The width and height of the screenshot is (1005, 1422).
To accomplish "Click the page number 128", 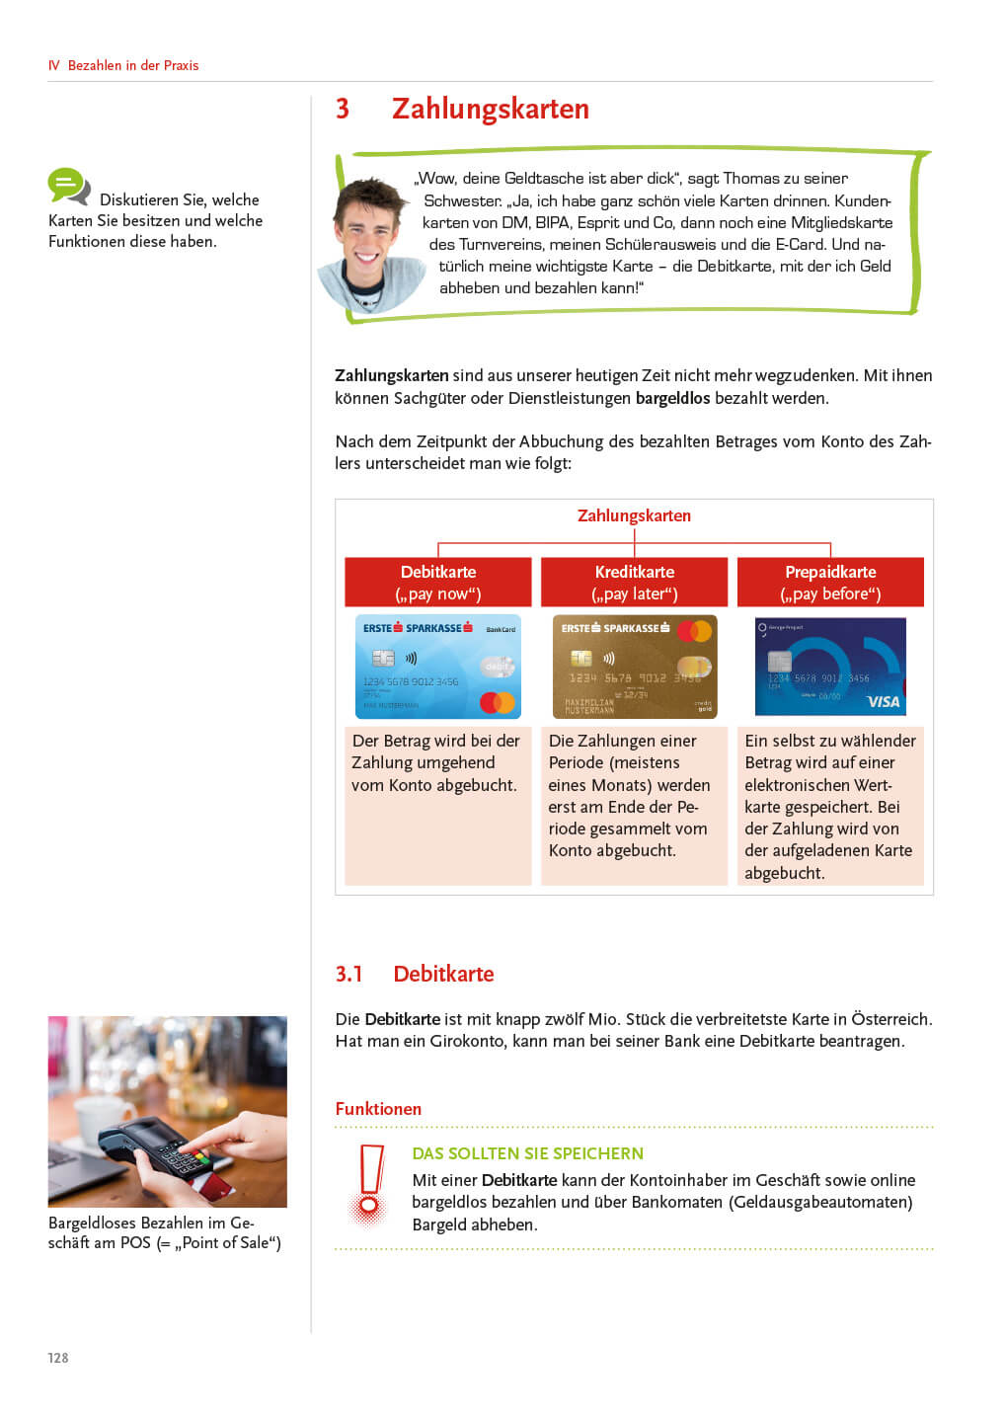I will tap(58, 1358).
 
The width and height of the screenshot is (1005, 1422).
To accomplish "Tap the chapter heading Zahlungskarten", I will tap(490, 109).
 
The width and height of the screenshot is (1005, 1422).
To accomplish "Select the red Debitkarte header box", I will tap(437, 583).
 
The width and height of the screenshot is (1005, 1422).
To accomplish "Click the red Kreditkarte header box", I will tap(634, 583).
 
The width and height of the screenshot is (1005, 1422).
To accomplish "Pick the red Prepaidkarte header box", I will tap(830, 583).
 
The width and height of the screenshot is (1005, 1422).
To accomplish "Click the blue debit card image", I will tap(437, 667).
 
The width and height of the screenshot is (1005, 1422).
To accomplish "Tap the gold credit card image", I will tap(634, 667).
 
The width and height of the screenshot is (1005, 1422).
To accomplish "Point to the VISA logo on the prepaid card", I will tap(883, 702).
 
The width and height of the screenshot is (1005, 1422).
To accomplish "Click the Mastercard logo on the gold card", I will tap(695, 631).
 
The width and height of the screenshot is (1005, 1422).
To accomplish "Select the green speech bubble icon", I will tap(67, 185).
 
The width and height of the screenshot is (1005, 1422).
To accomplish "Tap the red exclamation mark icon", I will tap(370, 1183).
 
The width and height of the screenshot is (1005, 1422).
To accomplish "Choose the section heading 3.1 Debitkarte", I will tap(415, 974).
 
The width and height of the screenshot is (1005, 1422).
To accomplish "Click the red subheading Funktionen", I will tap(378, 1109).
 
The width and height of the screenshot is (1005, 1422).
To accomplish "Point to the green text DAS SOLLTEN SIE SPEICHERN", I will tap(527, 1153).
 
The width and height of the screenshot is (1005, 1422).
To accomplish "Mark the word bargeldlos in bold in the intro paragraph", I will tap(672, 398).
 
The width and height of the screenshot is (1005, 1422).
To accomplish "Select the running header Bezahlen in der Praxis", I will tap(133, 65).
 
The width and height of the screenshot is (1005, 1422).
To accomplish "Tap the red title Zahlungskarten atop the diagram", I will tap(634, 515).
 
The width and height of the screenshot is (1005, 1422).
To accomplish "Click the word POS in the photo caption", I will tap(135, 1242).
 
